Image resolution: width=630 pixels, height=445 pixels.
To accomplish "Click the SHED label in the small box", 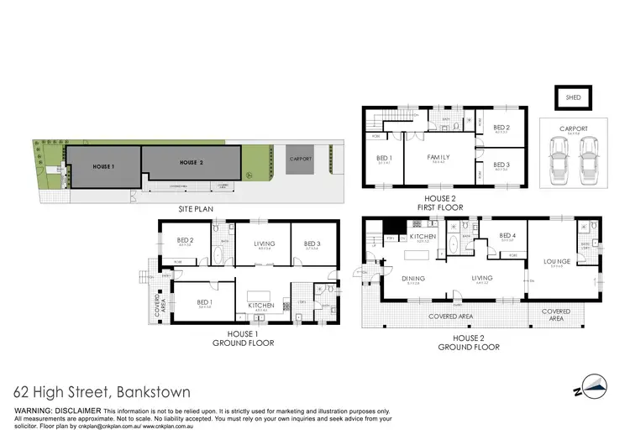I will tap(572, 97).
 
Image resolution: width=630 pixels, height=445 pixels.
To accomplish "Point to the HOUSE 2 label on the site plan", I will tap(192, 161).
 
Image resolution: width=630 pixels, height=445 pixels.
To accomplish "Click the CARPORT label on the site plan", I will tap(300, 158).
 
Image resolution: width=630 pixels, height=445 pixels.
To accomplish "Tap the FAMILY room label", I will tap(439, 157).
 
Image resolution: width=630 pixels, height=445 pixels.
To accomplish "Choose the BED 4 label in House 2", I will tap(507, 236).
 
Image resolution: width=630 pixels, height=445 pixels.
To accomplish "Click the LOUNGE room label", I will tap(557, 261).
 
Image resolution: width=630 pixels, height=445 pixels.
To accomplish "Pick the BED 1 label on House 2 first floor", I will tap(383, 159).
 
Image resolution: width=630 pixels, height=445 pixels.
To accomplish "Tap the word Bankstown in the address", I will tap(150, 392).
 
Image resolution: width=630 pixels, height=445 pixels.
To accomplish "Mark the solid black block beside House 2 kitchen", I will tap(391, 228).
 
